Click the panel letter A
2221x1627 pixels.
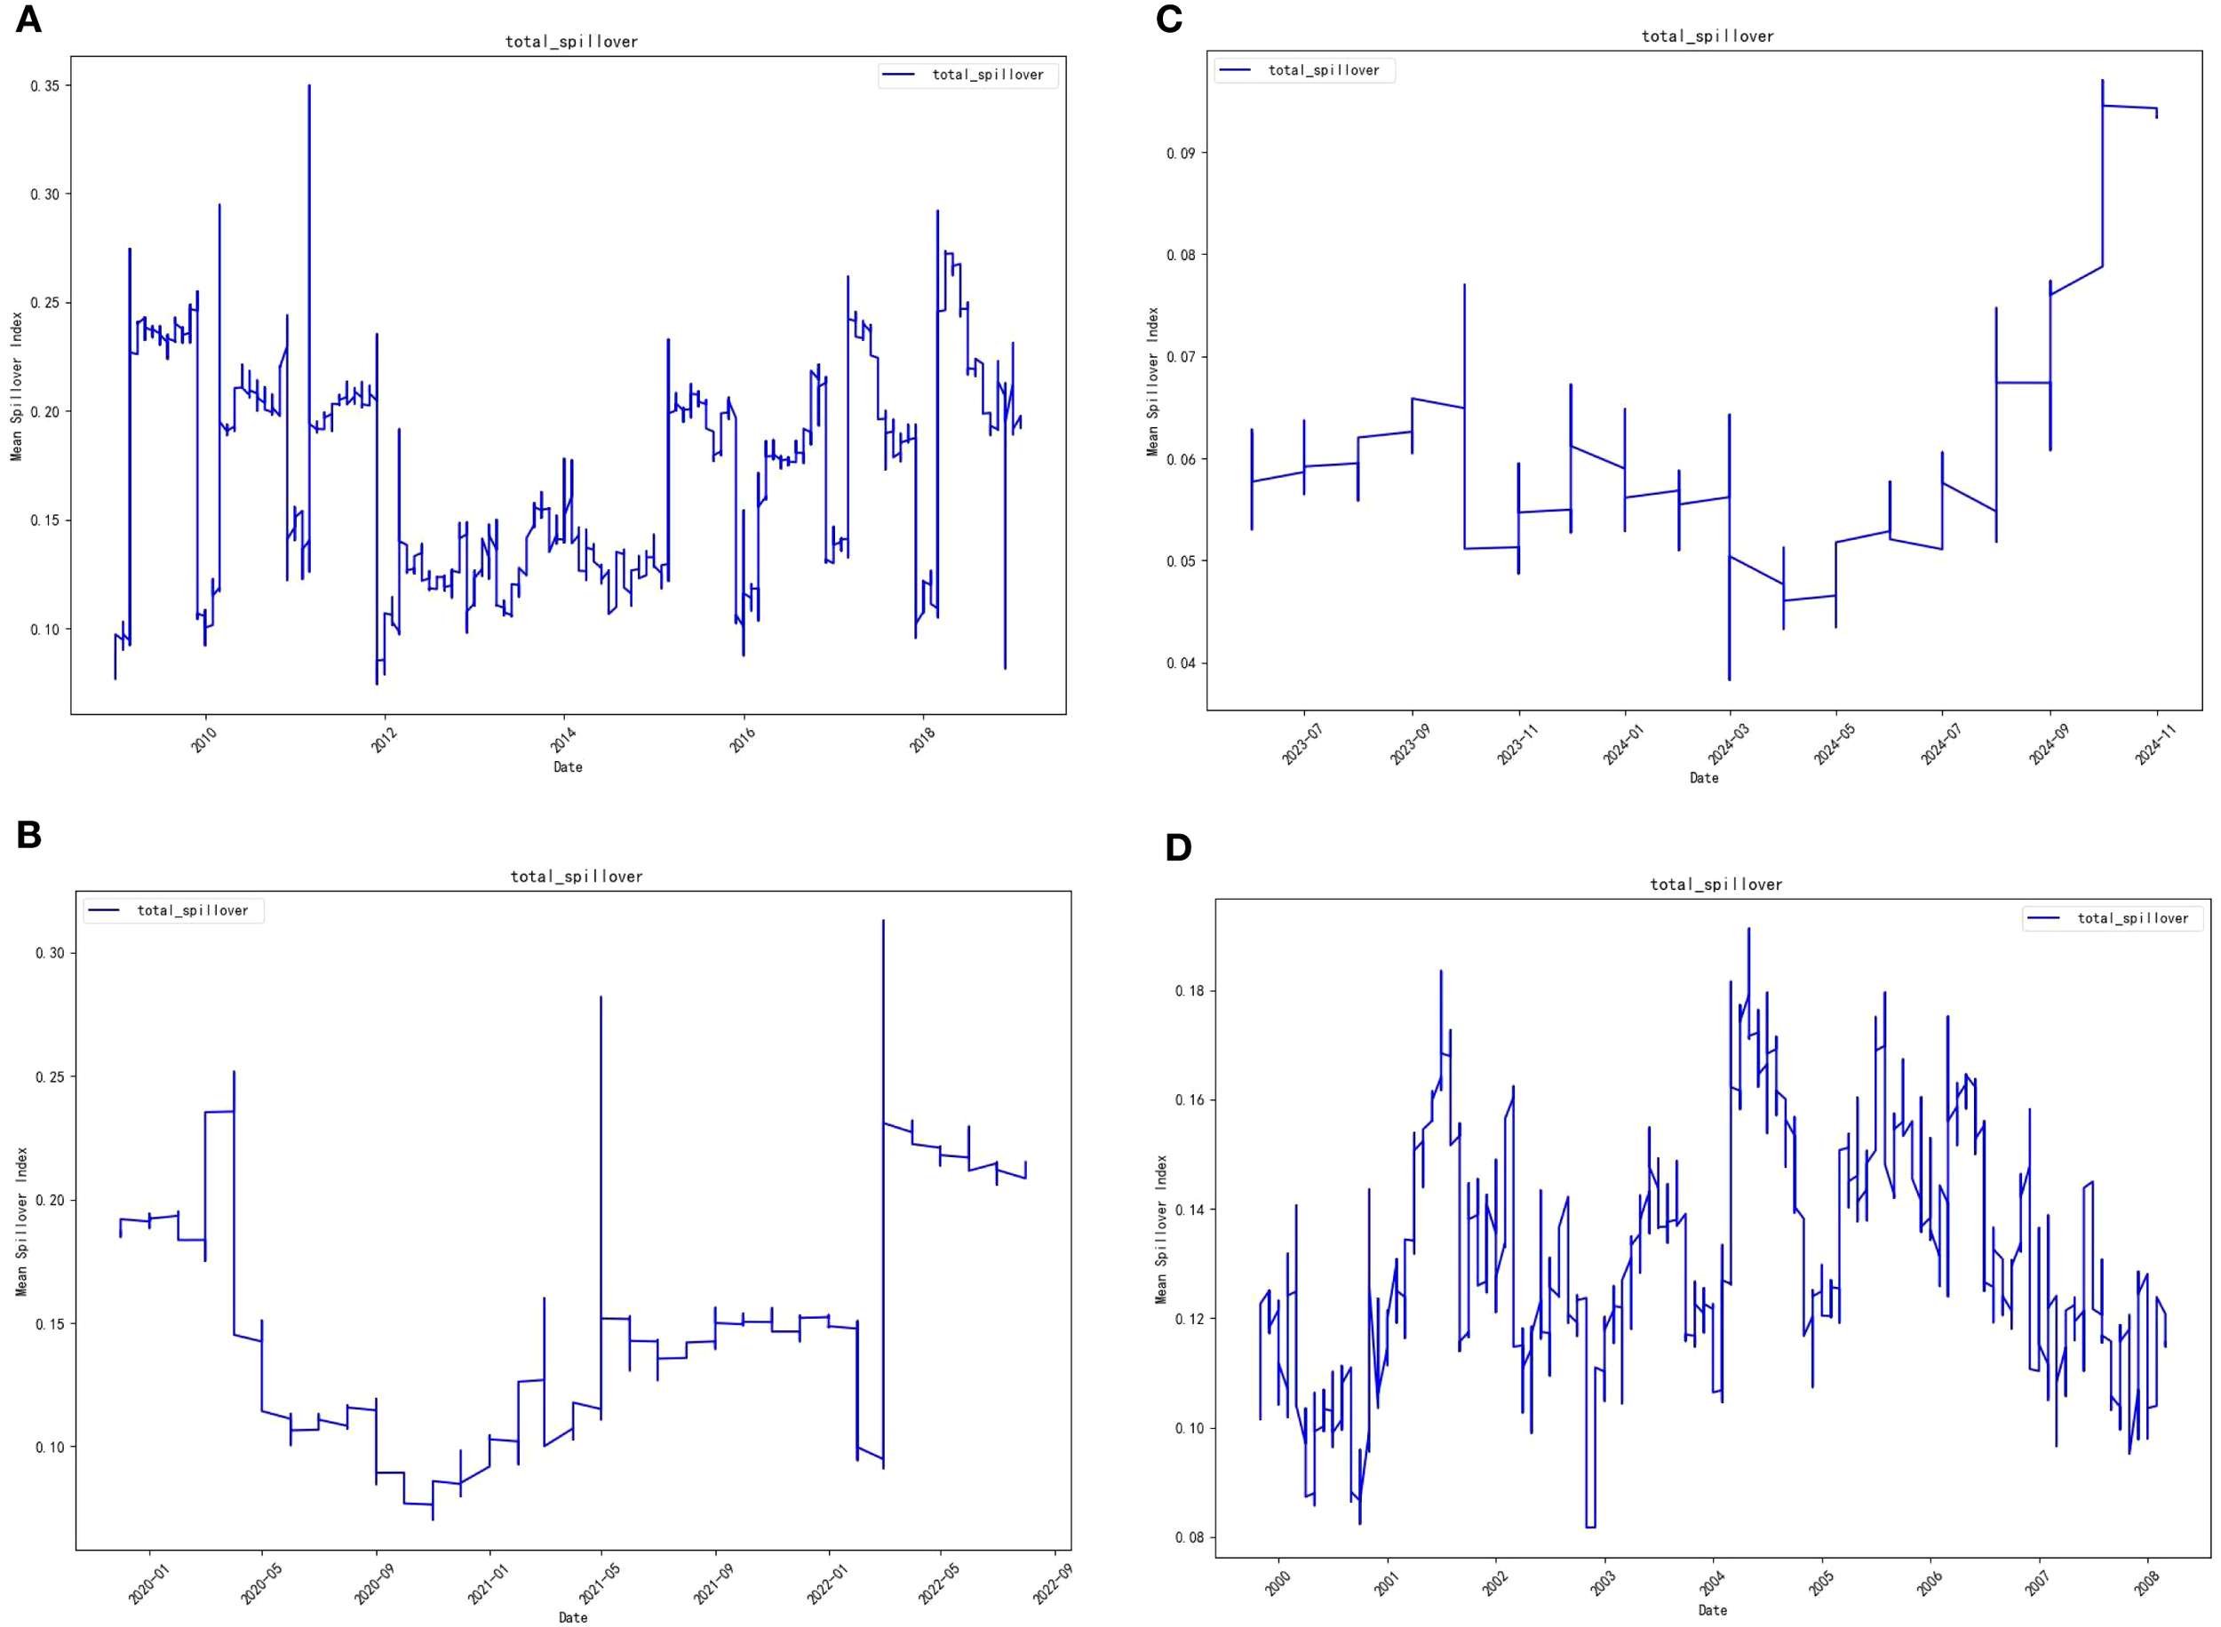[x=28, y=19]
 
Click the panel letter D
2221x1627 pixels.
[x=1178, y=847]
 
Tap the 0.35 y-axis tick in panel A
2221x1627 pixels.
[x=44, y=85]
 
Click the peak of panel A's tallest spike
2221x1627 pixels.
[x=308, y=85]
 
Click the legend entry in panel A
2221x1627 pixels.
[x=968, y=75]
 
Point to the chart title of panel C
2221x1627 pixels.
[x=1707, y=36]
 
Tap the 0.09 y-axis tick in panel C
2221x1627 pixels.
[x=1180, y=154]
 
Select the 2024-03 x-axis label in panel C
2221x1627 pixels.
[x=1728, y=744]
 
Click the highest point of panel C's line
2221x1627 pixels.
[x=2102, y=81]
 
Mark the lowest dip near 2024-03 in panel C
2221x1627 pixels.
[x=1730, y=679]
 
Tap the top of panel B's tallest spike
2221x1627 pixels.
[x=882, y=921]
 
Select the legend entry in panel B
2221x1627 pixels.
[x=173, y=910]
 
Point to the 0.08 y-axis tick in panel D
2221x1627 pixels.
[x=1189, y=1537]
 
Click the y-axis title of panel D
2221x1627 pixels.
[x=1161, y=1229]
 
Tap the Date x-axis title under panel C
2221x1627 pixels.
[x=1704, y=778]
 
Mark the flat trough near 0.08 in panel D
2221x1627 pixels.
[x=1589, y=1527]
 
